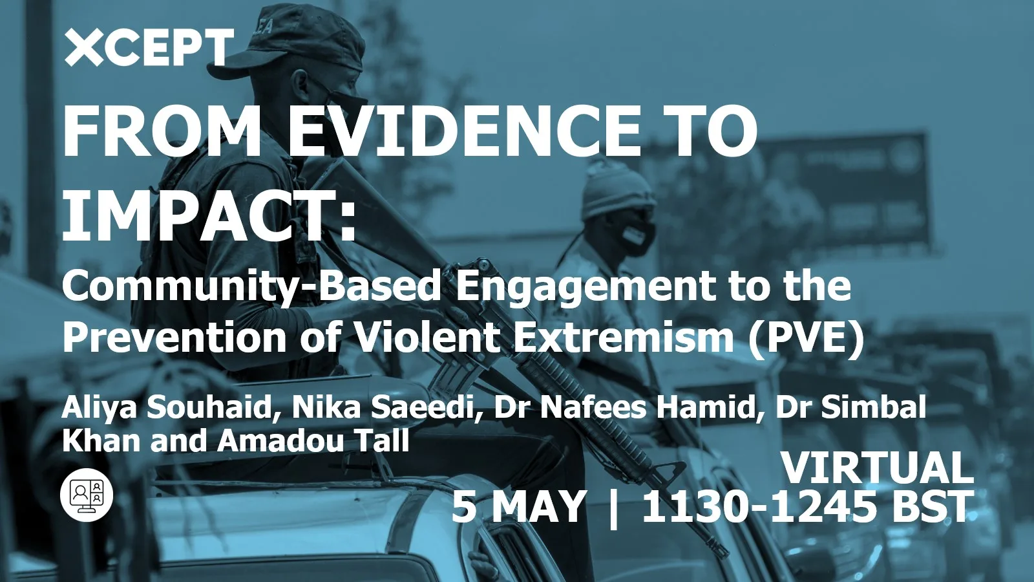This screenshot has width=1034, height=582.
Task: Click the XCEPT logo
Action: (149, 47)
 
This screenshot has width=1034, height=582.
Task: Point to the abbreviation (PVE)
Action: (806, 337)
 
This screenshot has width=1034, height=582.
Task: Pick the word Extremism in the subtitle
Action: (624, 337)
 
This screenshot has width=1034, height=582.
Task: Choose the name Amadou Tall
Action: (313, 441)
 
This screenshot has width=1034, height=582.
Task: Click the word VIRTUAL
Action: (877, 468)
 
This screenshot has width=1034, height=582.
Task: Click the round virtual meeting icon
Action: (87, 495)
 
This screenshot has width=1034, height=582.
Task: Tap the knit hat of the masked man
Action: (617, 188)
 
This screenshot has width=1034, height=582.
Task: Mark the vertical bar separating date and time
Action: (613, 508)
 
